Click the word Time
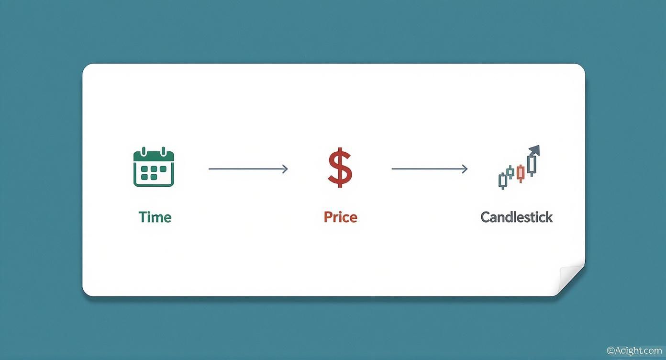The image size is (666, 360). tap(155, 217)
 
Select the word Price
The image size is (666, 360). tap(340, 217)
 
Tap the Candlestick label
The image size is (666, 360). tap(516, 217)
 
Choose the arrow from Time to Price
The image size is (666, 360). tap(248, 169)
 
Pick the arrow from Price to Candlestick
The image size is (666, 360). tap(429, 169)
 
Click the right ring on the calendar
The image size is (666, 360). tap(163, 152)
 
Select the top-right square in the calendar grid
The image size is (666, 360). tap(164, 169)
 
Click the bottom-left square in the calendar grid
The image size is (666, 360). tap(144, 177)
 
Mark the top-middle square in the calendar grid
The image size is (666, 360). tap(154, 169)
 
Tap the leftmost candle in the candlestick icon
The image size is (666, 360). tap(502, 180)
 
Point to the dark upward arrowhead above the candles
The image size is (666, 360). tap(534, 151)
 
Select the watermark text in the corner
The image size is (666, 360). tap(635, 350)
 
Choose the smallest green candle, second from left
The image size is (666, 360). tap(511, 173)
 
